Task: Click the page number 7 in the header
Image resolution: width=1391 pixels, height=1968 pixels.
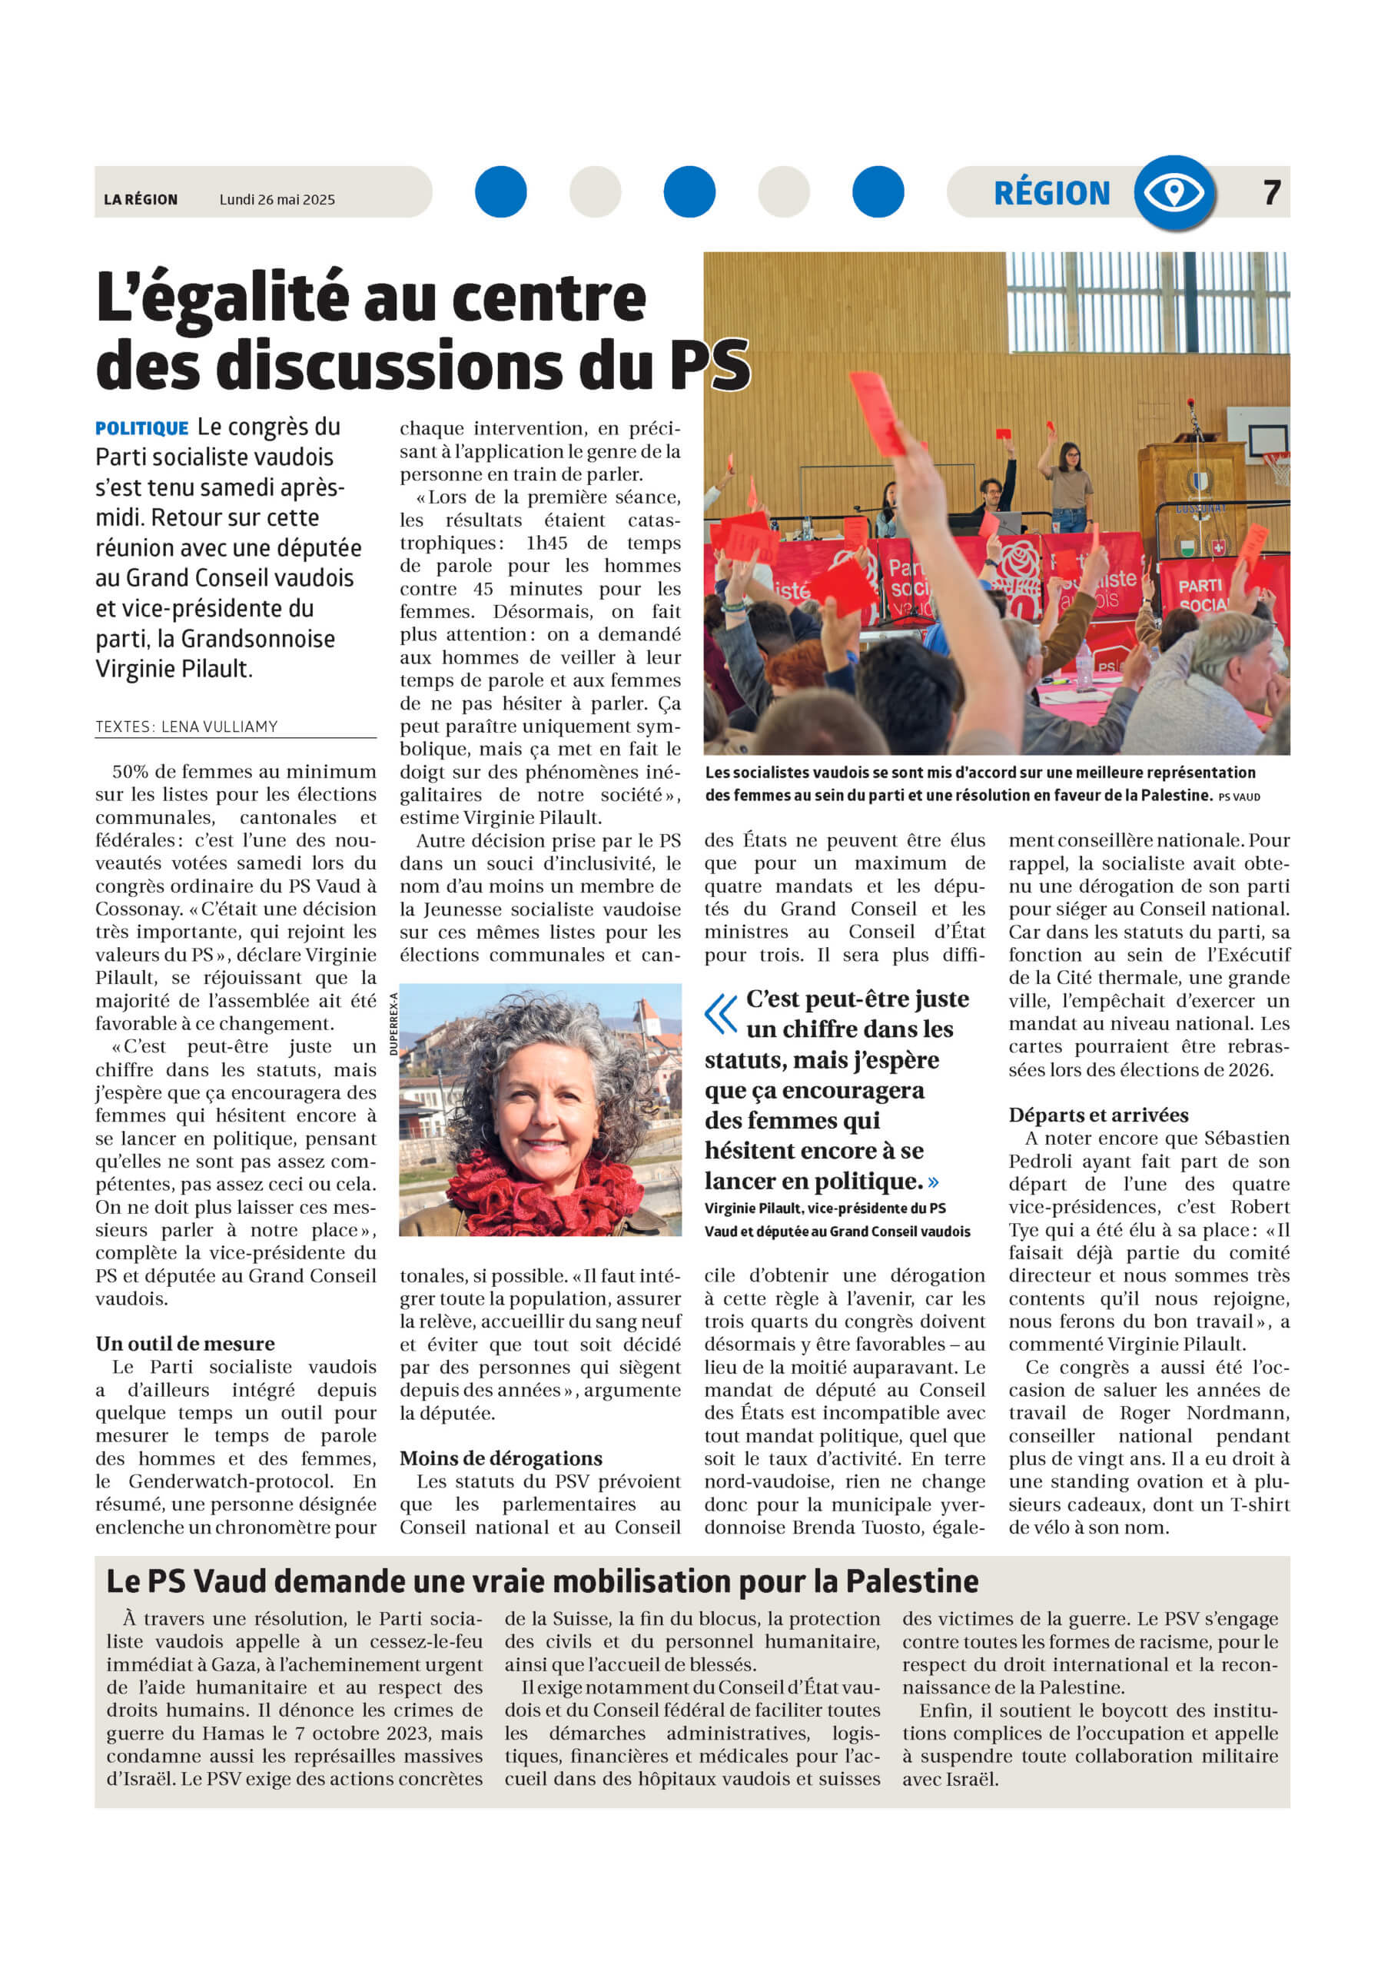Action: coord(1271,193)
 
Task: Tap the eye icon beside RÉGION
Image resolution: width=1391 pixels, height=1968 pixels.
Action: coord(1174,193)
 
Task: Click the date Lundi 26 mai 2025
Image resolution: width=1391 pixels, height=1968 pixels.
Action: coord(277,200)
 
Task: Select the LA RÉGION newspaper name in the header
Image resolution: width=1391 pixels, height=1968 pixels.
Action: coord(141,200)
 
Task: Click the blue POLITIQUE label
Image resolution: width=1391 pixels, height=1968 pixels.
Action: coord(141,428)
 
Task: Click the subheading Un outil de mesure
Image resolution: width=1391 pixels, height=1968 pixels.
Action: coord(185,1343)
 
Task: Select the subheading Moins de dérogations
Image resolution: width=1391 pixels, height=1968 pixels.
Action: coord(500,1458)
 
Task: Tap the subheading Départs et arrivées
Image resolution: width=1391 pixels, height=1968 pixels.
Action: coord(1098,1115)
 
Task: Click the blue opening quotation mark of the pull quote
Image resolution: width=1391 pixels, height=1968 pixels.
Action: coord(721,1013)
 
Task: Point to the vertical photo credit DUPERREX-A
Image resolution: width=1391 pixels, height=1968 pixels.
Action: coord(394,1023)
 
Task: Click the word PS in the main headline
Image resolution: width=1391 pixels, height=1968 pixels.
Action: coord(709,366)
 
